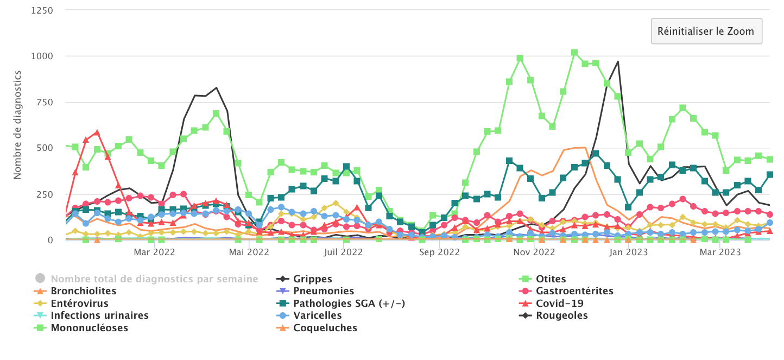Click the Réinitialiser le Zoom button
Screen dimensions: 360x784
point(706,31)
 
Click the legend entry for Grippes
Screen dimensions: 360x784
point(312,279)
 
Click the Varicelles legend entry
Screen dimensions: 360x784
point(317,315)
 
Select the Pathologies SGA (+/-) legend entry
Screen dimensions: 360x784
point(349,304)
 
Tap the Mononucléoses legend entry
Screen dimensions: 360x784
point(89,328)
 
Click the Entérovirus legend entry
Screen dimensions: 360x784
point(79,304)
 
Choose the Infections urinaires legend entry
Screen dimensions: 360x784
point(99,315)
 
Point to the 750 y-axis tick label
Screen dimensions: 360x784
point(44,102)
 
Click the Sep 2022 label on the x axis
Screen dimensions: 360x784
point(440,252)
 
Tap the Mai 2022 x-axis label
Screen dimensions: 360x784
point(248,252)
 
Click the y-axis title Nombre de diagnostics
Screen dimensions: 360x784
point(17,124)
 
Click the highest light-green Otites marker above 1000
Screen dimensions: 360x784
point(574,53)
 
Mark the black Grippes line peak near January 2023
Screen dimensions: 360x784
point(618,61)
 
